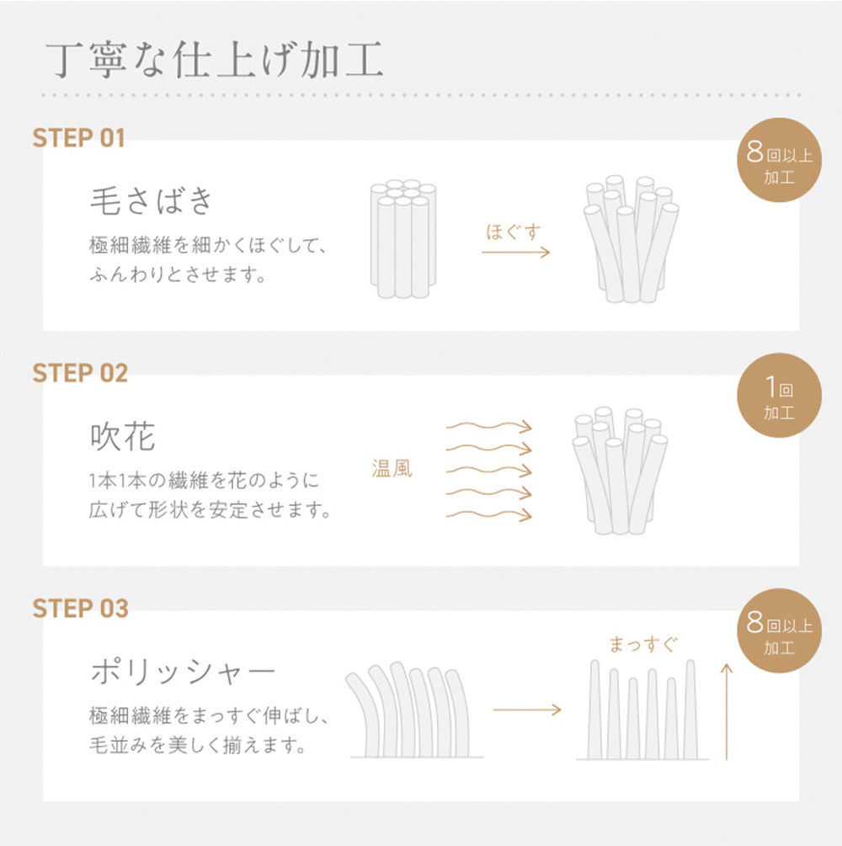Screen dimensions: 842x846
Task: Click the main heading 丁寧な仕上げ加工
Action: pos(214,60)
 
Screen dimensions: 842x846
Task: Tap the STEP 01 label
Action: pos(79,138)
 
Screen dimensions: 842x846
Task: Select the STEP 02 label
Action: pos(81,374)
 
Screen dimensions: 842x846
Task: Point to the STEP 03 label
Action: pos(81,609)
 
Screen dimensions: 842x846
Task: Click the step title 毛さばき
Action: pos(151,200)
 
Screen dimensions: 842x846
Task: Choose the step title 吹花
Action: pos(123,436)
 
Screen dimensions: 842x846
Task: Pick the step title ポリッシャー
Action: pos(183,673)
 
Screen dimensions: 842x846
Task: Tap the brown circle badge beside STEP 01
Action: pos(779,160)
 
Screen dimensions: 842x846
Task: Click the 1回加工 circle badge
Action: pos(779,396)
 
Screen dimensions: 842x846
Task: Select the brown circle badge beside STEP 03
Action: pos(779,631)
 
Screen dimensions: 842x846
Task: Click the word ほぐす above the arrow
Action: pos(514,232)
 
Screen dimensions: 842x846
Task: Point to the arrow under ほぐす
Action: pos(515,252)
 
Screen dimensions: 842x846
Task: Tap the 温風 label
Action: pos(392,468)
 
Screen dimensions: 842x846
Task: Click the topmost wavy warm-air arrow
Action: pos(489,426)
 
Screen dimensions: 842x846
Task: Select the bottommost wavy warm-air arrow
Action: pos(489,515)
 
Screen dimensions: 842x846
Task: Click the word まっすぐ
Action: pos(642,644)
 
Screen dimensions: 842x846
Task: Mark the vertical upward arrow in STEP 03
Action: pos(727,711)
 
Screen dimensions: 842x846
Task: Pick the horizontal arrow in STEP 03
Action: pos(527,710)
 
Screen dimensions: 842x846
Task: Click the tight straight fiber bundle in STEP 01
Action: pos(403,239)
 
